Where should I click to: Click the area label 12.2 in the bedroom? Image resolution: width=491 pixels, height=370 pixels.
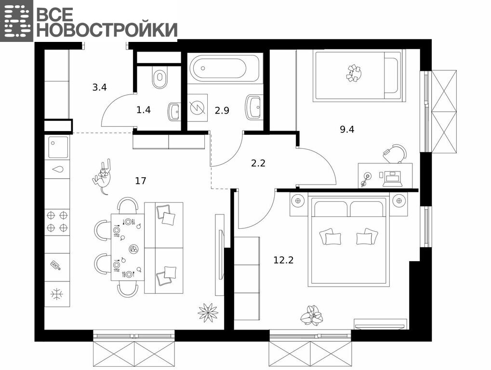283,260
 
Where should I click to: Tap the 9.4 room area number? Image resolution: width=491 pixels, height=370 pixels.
347,129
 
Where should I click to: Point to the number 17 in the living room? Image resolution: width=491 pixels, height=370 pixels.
141,181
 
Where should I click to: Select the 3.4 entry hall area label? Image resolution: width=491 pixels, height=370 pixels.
100,87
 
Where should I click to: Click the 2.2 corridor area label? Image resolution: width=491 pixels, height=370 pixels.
258,163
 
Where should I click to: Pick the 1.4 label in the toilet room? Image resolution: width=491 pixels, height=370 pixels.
144,110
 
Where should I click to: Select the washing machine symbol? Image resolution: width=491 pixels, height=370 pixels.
198,108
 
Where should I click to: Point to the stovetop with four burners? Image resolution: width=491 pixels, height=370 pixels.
57,222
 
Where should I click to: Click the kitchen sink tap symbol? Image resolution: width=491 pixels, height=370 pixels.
58,170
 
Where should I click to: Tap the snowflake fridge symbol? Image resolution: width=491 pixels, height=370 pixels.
57,294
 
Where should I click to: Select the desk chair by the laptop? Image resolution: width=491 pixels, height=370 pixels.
395,153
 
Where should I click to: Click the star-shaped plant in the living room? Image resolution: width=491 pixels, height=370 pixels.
208,312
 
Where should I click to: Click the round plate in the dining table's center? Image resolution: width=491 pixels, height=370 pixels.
133,249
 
